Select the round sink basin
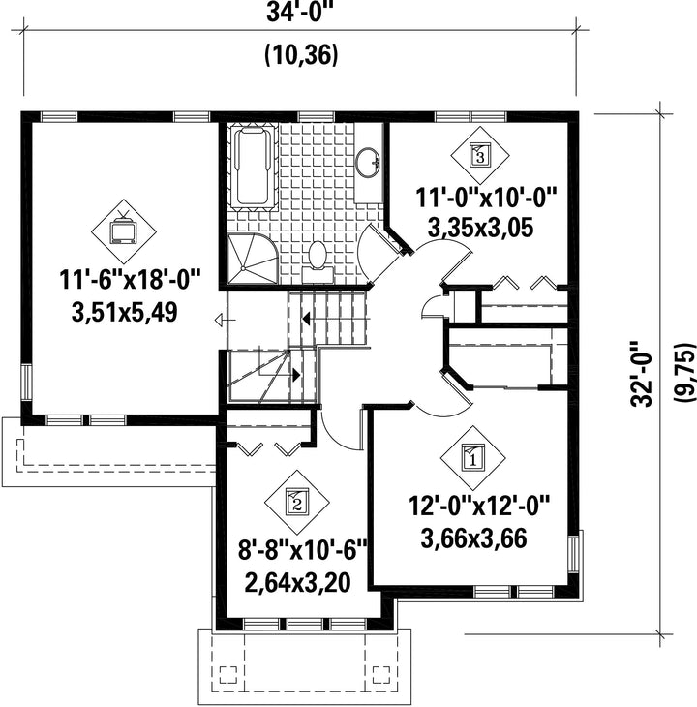(368, 161)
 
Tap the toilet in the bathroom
(318, 261)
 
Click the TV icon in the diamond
(124, 230)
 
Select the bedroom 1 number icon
(472, 458)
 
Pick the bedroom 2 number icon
(296, 501)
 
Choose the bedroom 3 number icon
(479, 155)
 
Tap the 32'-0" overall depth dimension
(642, 374)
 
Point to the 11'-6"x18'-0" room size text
(131, 280)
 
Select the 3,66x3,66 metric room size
(473, 538)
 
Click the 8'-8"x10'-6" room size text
(303, 550)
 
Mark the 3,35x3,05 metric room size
(480, 227)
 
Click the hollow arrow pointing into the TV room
(225, 321)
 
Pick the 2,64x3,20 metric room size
(297, 583)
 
